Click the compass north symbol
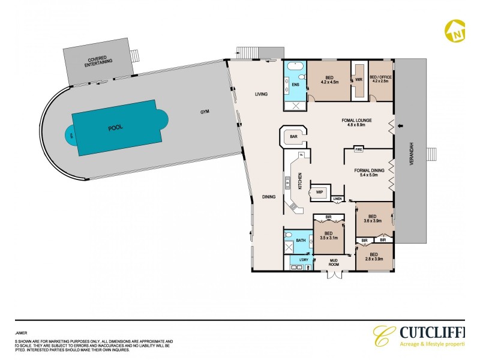pyautogui.click(x=454, y=29)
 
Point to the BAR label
pyautogui.click(x=294, y=137)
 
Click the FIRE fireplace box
pyautogui.click(x=359, y=149)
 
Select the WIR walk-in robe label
pyautogui.click(x=358, y=79)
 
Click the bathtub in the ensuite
pyautogui.click(x=295, y=65)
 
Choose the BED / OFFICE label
pyautogui.click(x=380, y=79)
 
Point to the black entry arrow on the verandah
pyautogui.click(x=401, y=125)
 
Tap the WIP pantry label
pyautogui.click(x=319, y=193)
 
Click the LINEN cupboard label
pyautogui.click(x=337, y=198)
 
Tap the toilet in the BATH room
pyautogui.click(x=289, y=235)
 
